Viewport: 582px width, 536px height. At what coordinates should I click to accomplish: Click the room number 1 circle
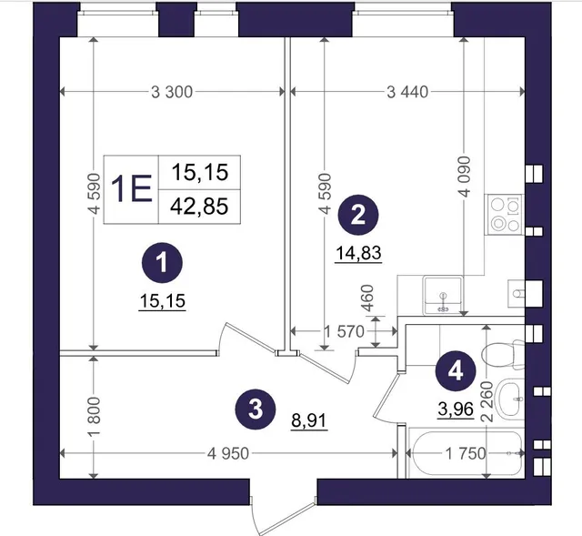click(162, 263)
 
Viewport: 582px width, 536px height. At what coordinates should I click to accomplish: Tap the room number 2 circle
click(357, 216)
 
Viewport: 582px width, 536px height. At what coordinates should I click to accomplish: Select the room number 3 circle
click(256, 410)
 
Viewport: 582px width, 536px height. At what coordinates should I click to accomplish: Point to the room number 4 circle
click(456, 370)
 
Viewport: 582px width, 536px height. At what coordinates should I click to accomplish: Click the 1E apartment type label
click(131, 189)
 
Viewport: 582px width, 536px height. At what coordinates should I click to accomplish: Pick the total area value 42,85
click(199, 207)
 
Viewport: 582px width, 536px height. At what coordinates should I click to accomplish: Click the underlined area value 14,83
click(358, 253)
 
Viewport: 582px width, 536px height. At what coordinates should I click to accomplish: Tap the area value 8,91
click(309, 421)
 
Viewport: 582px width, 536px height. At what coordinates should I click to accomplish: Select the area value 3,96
click(456, 410)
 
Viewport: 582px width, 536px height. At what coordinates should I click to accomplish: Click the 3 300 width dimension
click(172, 92)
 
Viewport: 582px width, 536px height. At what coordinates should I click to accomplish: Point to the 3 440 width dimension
click(407, 92)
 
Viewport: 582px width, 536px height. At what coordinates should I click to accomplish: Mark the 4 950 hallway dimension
click(228, 453)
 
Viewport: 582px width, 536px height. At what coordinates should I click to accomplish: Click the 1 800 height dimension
click(95, 417)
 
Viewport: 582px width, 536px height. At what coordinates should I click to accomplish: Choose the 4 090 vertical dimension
click(464, 177)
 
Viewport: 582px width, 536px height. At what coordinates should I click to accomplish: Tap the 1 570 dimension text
click(344, 331)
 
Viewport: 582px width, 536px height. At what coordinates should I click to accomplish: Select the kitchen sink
click(443, 295)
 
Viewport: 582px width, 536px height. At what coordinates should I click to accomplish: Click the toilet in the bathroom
click(503, 354)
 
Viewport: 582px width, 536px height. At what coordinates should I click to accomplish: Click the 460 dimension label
click(367, 298)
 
